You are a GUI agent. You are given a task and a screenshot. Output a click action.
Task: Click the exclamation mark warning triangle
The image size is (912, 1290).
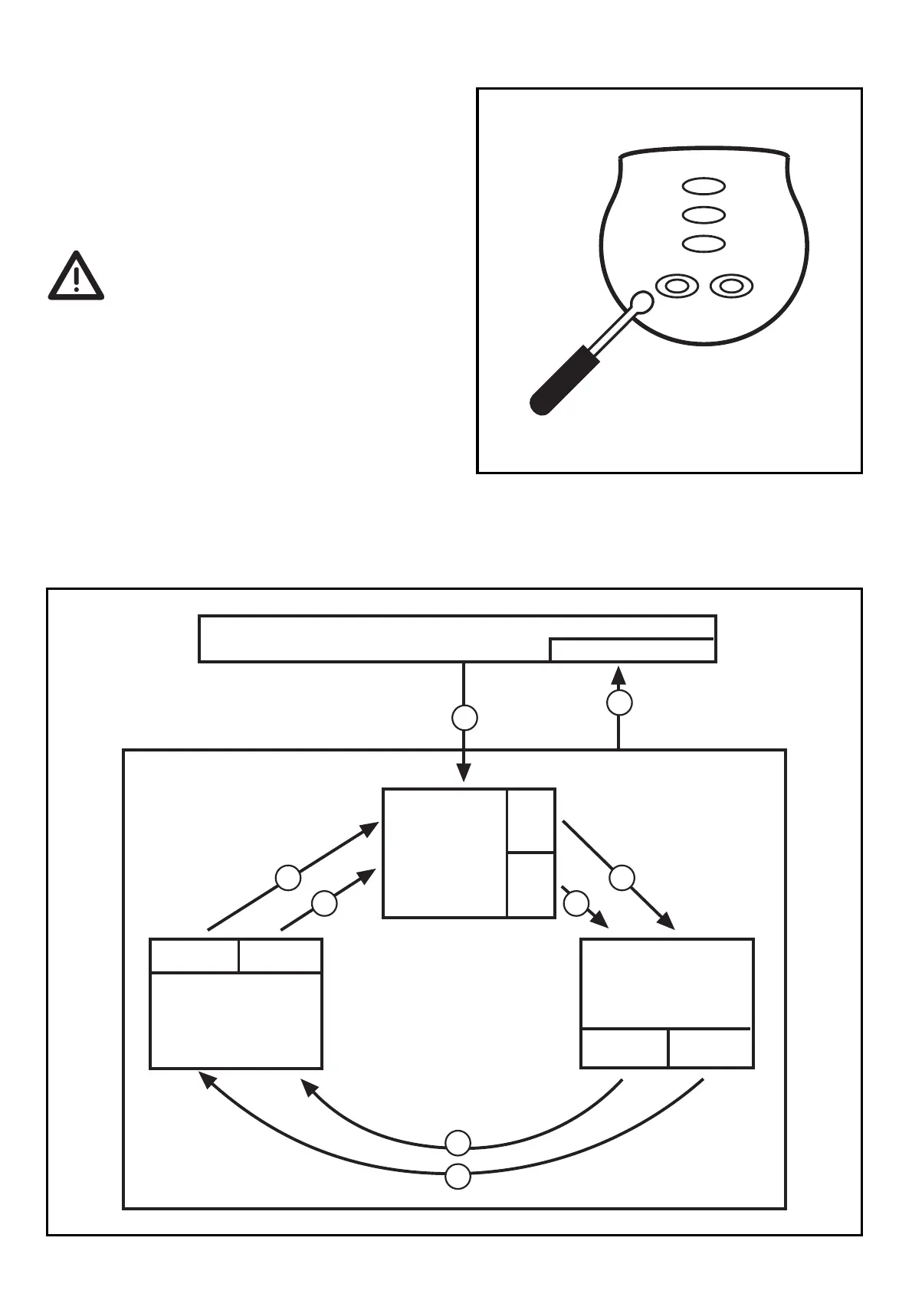click(76, 277)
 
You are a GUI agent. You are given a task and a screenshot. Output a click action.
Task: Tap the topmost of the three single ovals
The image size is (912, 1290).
click(704, 186)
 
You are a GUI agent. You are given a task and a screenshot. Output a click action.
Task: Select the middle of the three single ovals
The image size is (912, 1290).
click(704, 214)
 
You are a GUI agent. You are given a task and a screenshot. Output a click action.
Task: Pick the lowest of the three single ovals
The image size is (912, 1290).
click(704, 244)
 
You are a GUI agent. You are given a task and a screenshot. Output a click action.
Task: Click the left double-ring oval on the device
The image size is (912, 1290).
click(677, 286)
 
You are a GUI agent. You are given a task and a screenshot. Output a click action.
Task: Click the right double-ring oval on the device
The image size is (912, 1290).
click(732, 286)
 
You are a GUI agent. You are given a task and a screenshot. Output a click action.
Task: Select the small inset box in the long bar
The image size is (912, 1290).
click(632, 650)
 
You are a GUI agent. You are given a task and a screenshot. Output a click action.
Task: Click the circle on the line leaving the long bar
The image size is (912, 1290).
click(464, 719)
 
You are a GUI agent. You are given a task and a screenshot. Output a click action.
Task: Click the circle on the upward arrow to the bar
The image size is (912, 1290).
click(619, 702)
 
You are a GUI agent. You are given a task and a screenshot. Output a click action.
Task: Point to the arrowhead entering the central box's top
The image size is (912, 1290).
click(464, 773)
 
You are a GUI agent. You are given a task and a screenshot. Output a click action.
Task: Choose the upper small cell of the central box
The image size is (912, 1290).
click(530, 820)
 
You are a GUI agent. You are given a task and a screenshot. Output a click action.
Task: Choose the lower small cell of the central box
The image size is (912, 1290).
click(530, 884)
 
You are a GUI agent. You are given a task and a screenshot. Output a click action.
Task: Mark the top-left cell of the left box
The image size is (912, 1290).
click(195, 956)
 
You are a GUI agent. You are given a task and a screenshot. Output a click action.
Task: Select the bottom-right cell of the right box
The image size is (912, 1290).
click(710, 1048)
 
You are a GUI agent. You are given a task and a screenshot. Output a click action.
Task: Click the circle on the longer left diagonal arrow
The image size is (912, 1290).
click(288, 878)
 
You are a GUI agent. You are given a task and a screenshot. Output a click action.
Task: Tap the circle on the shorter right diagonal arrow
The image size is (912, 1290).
click(576, 904)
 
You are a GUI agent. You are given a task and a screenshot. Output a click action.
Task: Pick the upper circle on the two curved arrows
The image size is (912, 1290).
click(458, 1143)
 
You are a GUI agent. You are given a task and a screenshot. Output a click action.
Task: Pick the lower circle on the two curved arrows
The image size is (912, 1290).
click(458, 1176)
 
